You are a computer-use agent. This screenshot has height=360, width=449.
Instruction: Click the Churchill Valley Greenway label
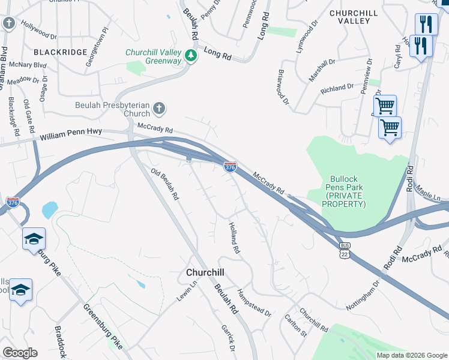click(x=154, y=56)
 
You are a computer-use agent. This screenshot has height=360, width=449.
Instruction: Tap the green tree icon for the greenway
click(x=191, y=56)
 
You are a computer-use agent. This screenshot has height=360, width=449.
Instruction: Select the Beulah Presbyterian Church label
click(x=112, y=109)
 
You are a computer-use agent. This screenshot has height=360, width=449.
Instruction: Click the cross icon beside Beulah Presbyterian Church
click(x=158, y=109)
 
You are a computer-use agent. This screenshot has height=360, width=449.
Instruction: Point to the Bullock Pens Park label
click(x=343, y=192)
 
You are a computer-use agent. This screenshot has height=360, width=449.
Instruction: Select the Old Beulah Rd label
click(x=165, y=184)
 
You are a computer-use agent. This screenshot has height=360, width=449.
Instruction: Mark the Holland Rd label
click(x=234, y=237)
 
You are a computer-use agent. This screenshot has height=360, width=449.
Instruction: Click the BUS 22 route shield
click(x=344, y=251)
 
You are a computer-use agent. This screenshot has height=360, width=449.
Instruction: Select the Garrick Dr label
click(x=228, y=338)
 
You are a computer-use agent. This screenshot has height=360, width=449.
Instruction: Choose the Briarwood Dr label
click(x=283, y=86)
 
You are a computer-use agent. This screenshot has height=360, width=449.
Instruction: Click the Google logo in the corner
click(x=20, y=353)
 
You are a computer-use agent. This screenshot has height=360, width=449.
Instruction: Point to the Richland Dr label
click(x=337, y=88)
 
